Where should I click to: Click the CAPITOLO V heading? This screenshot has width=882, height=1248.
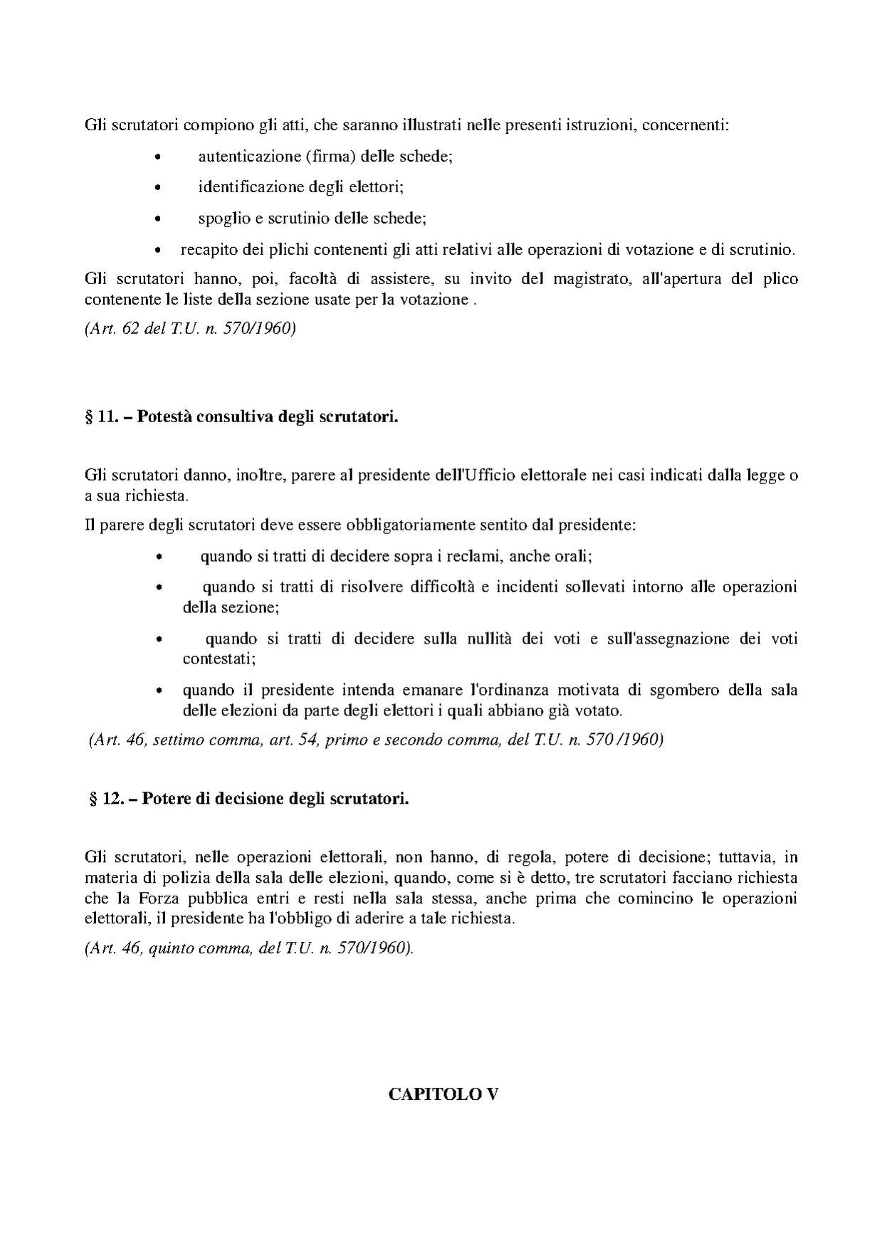point(443,1095)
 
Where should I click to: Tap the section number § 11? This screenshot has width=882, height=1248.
point(101,417)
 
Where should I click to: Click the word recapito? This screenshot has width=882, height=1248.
point(206,250)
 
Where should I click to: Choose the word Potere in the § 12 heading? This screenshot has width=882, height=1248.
point(167,799)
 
